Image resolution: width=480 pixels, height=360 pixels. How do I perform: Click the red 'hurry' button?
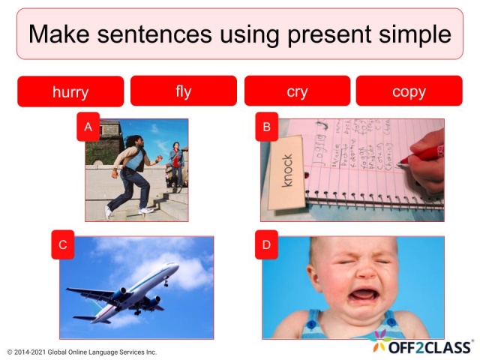point(70,91)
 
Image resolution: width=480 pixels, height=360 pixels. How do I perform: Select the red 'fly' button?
point(184,91)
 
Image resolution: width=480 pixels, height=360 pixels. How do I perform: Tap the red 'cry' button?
point(297,91)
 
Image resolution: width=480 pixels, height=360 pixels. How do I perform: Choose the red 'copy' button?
point(409,91)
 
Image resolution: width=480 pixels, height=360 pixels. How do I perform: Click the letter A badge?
point(88,127)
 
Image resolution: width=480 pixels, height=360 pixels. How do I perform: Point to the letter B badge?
point(265,127)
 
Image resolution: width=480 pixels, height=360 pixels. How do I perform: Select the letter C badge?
point(63,244)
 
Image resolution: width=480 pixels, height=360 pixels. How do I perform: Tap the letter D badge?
point(265,244)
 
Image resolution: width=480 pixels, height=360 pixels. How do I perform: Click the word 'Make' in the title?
point(58,34)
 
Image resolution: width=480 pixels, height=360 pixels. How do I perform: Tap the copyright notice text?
point(82,351)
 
